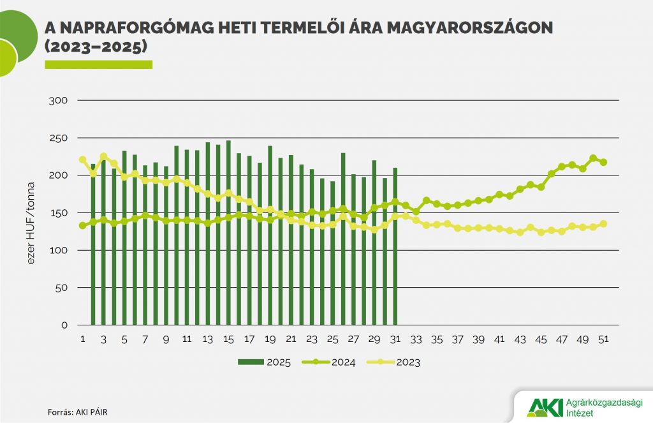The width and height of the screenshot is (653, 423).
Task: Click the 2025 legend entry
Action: pyautogui.click(x=265, y=363)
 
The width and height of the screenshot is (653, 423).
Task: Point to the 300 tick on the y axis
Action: pyautogui.click(x=59, y=101)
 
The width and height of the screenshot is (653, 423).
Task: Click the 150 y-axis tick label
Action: pyautogui.click(x=59, y=213)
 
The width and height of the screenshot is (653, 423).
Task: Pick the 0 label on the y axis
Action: pyautogui.click(x=64, y=325)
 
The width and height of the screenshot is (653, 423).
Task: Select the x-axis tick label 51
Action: pyautogui.click(x=603, y=339)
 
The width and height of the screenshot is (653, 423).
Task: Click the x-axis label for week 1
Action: pyautogui.click(x=82, y=339)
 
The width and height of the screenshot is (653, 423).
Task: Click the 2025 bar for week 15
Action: pyautogui.click(x=228, y=233)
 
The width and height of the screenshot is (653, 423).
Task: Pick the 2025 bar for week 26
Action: pyautogui.click(x=343, y=239)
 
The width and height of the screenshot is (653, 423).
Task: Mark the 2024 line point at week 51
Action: pyautogui.click(x=603, y=162)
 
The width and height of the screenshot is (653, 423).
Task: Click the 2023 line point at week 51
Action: pyautogui.click(x=603, y=224)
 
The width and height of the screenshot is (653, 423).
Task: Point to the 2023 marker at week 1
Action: pyautogui.click(x=82, y=160)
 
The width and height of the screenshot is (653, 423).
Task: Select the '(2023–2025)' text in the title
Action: pyautogui.click(x=96, y=47)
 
